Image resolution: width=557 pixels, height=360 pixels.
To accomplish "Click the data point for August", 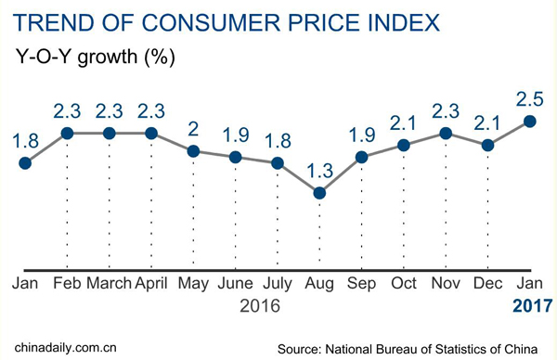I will coord(319,193).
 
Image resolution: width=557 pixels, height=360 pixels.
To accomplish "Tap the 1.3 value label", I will coord(319,170).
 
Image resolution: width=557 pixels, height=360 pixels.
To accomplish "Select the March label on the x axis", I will coord(110,282).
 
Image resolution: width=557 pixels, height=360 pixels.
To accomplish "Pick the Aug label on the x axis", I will coord(319,282).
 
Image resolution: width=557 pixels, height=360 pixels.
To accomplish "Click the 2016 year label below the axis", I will coord(259,304).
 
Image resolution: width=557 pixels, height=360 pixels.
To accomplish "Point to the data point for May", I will coord(193,151).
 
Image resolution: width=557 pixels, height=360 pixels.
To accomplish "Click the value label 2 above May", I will coord(193,128).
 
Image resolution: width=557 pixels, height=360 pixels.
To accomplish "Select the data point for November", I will coord(447,134).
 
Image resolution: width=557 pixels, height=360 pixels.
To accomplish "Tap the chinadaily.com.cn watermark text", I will coord(61,348).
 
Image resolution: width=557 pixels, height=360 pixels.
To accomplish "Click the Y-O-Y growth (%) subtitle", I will coord(97,55).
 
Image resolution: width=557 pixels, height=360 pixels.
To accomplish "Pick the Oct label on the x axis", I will coord(404,282).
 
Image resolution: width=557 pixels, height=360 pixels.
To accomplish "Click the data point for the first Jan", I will coord(25,163).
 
